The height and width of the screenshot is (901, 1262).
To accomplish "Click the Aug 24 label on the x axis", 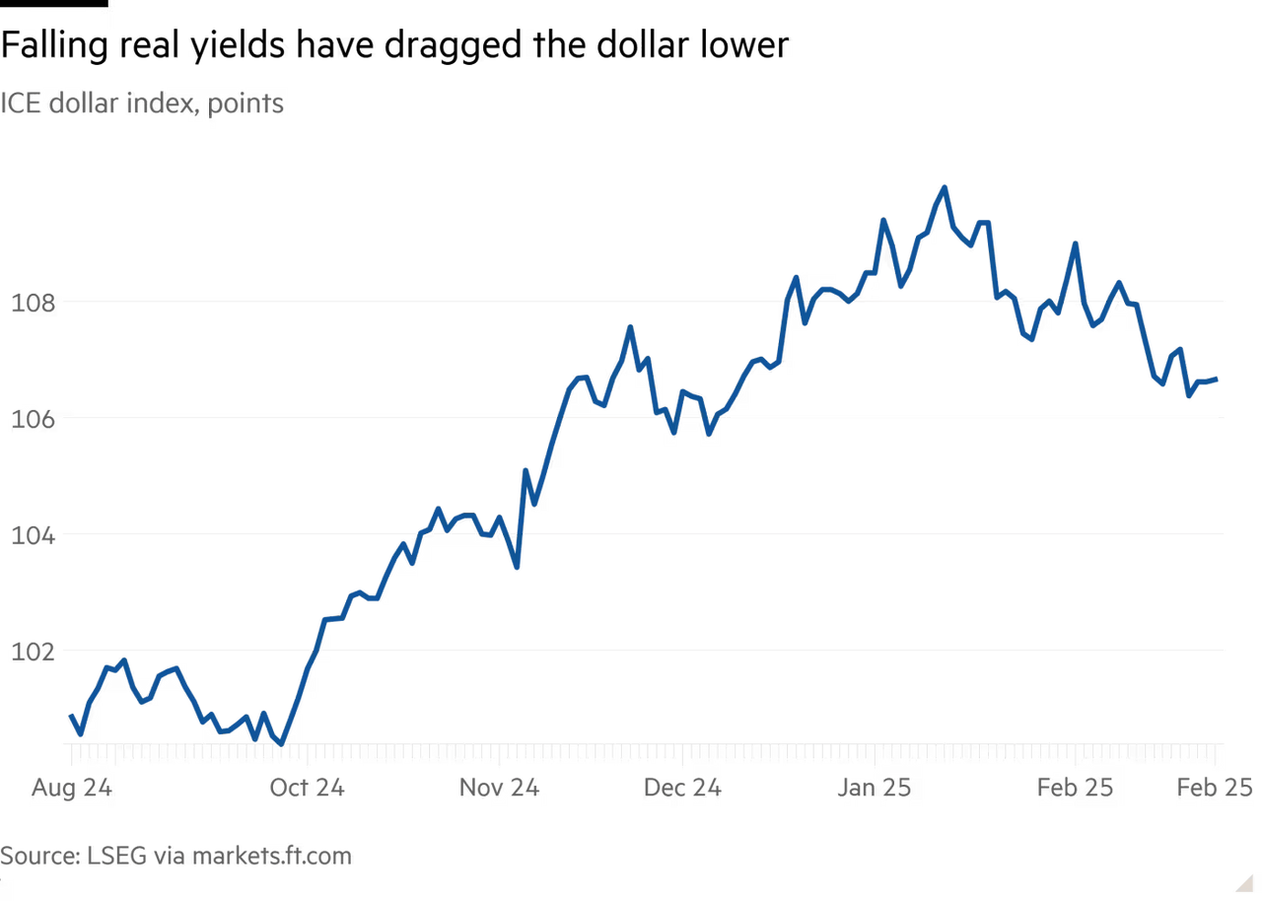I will (71, 788).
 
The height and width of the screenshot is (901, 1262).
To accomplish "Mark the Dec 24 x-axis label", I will (682, 788).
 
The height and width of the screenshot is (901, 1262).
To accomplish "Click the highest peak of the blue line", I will (944, 185).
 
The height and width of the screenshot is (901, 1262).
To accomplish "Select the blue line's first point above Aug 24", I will (70, 714).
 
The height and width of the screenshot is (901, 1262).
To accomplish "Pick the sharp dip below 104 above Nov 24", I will (518, 569).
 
